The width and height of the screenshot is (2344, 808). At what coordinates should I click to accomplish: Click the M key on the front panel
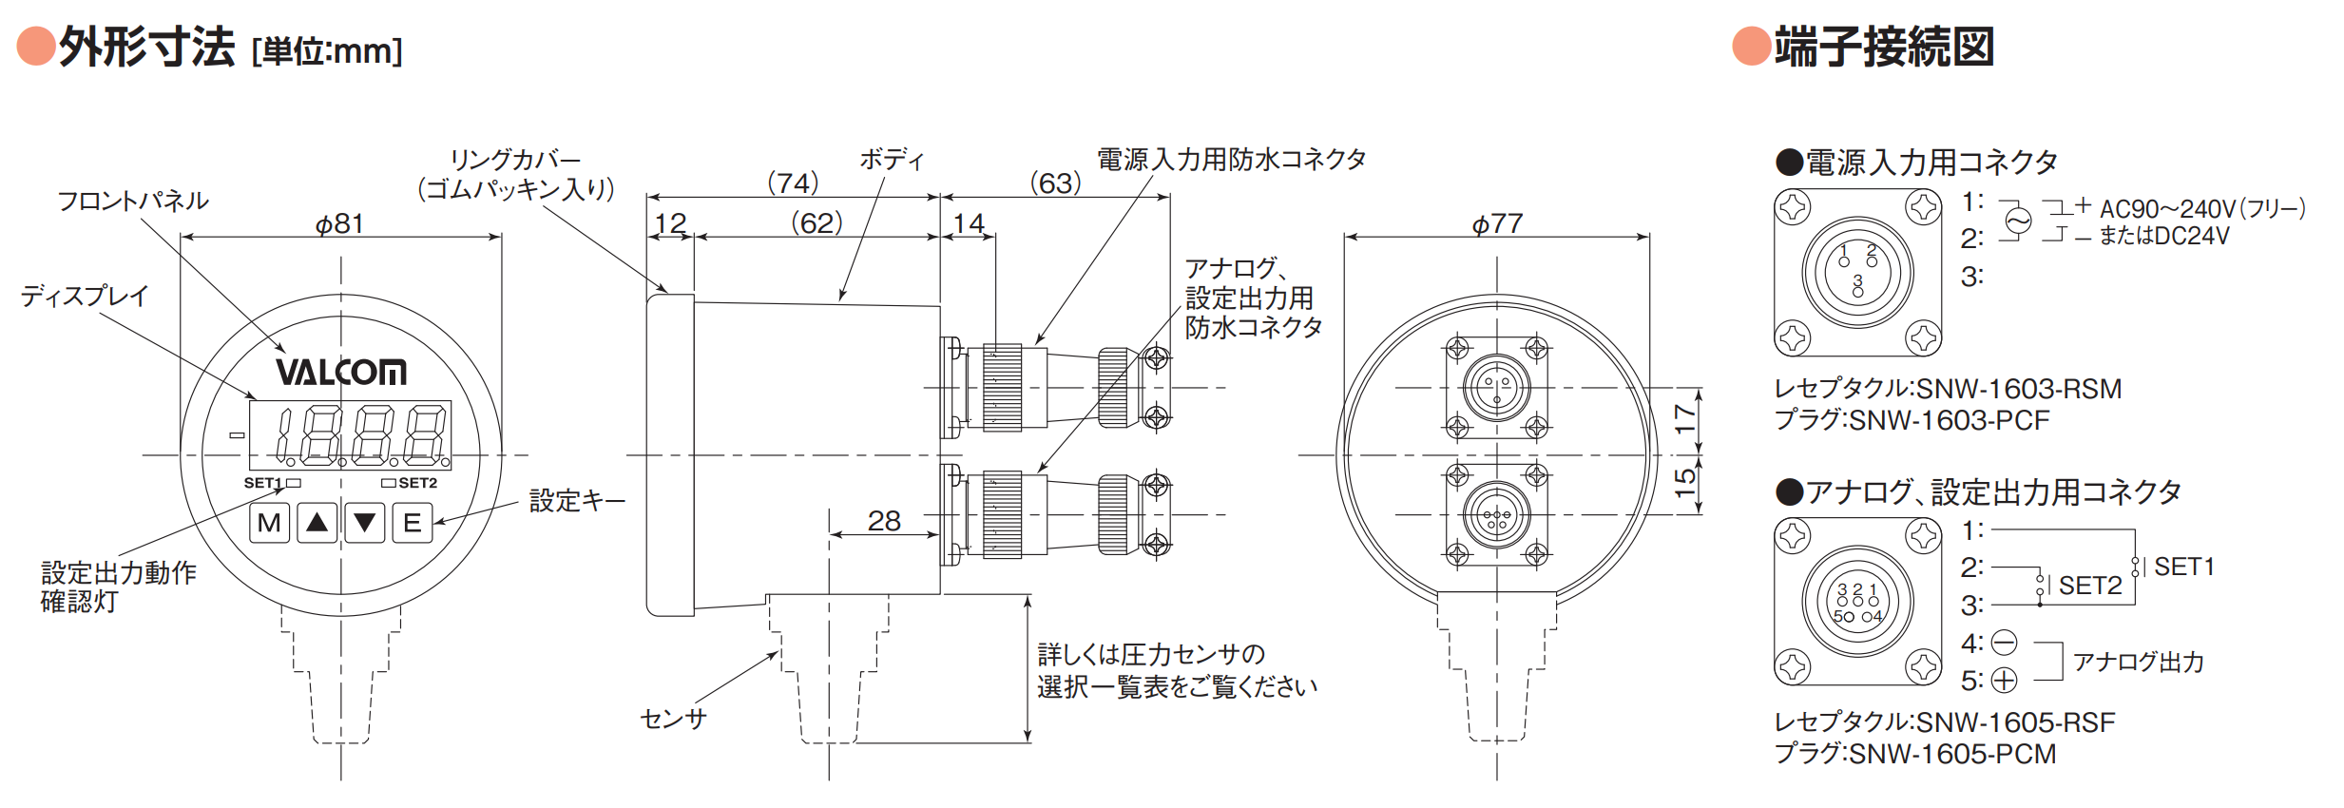(x=270, y=523)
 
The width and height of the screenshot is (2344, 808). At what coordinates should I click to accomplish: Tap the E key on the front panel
(x=413, y=523)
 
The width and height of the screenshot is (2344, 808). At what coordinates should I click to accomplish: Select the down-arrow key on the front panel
(x=365, y=523)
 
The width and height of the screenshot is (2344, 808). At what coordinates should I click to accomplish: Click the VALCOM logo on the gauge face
(x=341, y=372)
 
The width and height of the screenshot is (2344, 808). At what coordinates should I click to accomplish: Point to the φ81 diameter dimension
(x=339, y=223)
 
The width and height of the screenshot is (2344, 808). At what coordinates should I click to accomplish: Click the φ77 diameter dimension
(x=1497, y=223)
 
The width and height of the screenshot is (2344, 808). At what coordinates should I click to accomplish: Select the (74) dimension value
(x=793, y=183)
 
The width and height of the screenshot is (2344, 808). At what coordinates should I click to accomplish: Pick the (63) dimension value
(x=1055, y=183)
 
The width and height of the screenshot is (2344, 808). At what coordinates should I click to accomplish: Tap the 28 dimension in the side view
(x=884, y=521)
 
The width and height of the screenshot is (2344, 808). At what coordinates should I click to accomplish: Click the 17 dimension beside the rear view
(x=1685, y=418)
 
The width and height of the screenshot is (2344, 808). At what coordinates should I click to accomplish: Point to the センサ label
(x=674, y=719)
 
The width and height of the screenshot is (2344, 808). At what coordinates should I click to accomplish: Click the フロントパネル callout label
(x=133, y=201)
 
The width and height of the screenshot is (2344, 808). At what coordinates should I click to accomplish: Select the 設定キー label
(x=577, y=500)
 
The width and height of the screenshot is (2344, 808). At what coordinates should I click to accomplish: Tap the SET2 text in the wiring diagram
(x=2090, y=586)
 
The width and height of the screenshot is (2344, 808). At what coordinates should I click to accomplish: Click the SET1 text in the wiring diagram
(x=2184, y=567)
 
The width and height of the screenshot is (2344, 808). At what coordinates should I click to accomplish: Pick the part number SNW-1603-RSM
(x=2019, y=389)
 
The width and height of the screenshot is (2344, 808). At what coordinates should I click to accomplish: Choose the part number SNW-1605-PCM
(x=1952, y=754)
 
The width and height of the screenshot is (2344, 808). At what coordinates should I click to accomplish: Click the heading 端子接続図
(x=1884, y=47)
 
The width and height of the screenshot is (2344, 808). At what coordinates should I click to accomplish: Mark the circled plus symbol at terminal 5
(x=2004, y=681)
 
